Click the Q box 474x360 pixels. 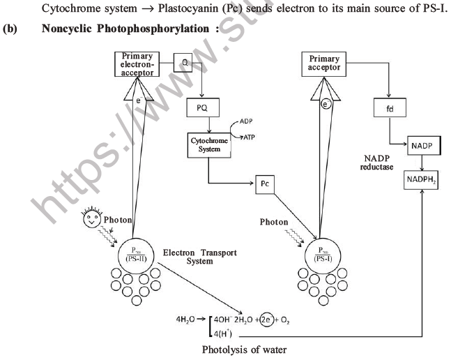(x=185, y=62)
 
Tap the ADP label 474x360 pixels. (x=247, y=122)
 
